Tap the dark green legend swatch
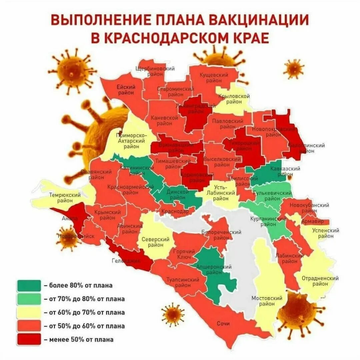pyautogui.click(x=29, y=285)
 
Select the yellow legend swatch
pyautogui.click(x=29, y=312)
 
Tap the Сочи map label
pyautogui.click(x=223, y=324)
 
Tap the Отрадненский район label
pyautogui.click(x=320, y=281)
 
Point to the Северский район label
pyautogui.click(x=155, y=242)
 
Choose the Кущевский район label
pyautogui.click(x=214, y=78)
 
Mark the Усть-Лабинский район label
pyautogui.click(x=220, y=192)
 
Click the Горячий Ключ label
pyautogui.click(x=182, y=255)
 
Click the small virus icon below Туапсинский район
pyautogui.click(x=173, y=314)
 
